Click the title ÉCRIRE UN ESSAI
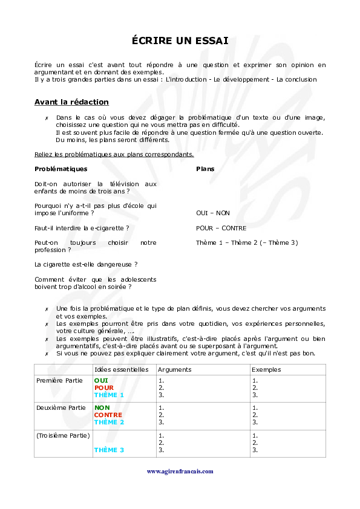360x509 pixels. (x=180, y=41)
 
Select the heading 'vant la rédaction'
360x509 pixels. (x=73, y=102)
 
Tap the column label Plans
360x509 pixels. (x=205, y=169)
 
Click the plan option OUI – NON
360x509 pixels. (x=213, y=213)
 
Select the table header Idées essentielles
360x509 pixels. (x=121, y=369)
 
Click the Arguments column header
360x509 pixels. (x=174, y=369)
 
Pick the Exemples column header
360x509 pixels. (x=266, y=369)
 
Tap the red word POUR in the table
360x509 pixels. (x=104, y=387)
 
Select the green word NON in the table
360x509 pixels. (x=102, y=408)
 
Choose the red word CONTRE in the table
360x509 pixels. (x=108, y=415)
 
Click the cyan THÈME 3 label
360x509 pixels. (x=109, y=450)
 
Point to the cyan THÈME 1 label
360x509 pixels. (x=109, y=395)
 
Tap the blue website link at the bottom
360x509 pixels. (x=180, y=471)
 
